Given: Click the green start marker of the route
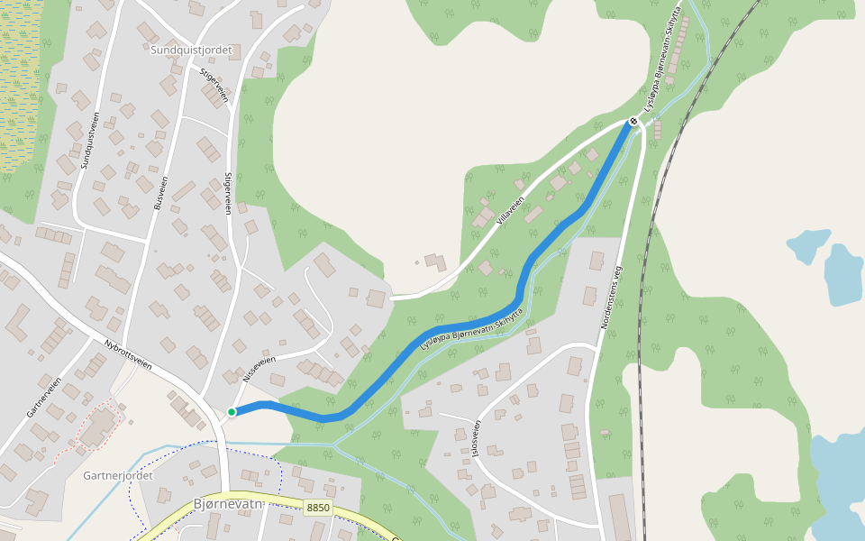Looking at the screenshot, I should [232, 412].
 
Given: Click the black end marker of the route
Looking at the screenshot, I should [634, 122].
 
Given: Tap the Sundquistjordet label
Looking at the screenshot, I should [192, 50].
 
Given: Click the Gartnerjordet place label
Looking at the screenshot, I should [118, 475].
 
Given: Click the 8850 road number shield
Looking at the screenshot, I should [318, 508].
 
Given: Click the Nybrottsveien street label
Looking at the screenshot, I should [128, 354].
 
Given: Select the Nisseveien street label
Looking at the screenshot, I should [259, 367].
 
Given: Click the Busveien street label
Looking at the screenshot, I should [160, 192].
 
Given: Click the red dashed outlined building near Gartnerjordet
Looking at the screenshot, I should [97, 426].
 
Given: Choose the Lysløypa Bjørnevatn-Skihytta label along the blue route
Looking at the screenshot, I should [471, 326].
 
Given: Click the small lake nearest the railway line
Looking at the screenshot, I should [808, 243].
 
